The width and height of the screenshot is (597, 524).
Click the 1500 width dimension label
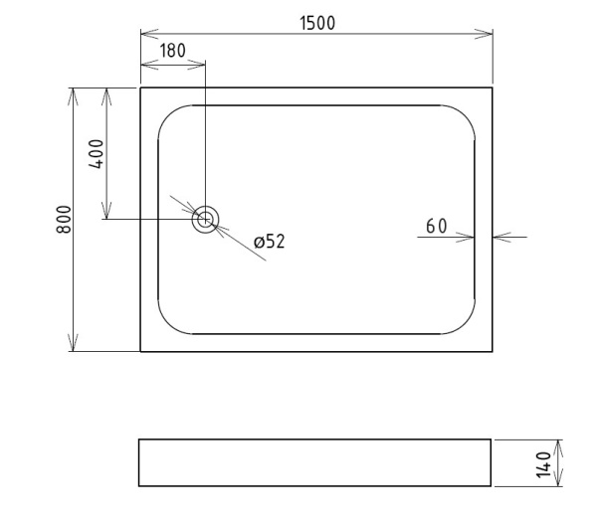click(317, 23)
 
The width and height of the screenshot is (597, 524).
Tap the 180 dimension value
click(172, 51)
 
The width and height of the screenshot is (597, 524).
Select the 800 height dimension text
click(64, 220)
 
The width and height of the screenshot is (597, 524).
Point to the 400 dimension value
click(96, 154)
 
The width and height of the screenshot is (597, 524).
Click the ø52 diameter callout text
click(270, 242)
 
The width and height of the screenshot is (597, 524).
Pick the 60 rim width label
click(437, 226)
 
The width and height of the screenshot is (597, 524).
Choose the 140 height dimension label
click(543, 464)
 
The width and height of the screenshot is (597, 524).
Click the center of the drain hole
click(205, 219)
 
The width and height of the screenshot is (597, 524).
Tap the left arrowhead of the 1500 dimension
click(149, 34)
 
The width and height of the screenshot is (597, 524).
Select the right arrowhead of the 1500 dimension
click(484, 34)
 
